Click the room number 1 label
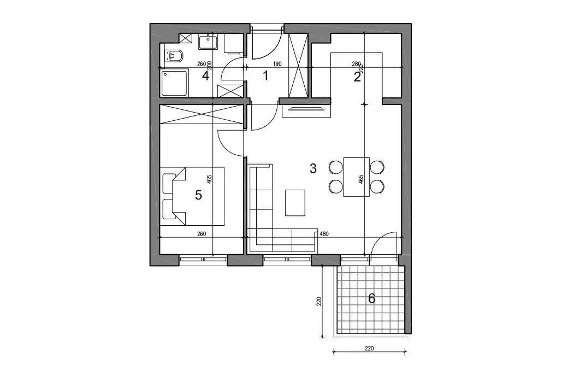tap(265, 76)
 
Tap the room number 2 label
tap(357, 77)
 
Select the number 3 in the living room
tap(313, 168)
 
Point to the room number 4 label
tap(206, 76)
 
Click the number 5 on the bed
tap(198, 195)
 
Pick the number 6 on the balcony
tap(371, 298)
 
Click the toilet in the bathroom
tap(174, 56)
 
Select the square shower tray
tap(174, 84)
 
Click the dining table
tap(356, 177)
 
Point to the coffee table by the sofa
tap(295, 203)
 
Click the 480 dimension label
tap(324, 234)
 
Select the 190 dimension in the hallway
tap(277, 65)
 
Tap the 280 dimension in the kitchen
tap(356, 64)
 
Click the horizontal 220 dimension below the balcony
tap(369, 348)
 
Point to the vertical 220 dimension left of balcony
tap(318, 301)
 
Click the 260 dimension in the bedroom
tap(202, 234)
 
